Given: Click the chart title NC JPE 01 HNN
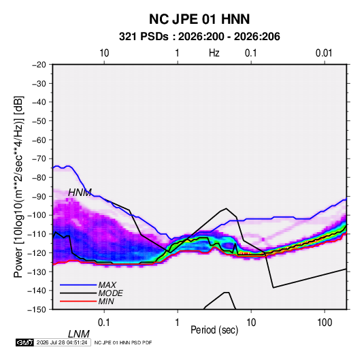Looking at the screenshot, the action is (x=199, y=19).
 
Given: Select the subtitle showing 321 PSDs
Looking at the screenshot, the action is (x=199, y=37).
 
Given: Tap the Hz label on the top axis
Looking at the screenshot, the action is (x=214, y=53).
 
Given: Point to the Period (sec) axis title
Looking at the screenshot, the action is (x=214, y=330).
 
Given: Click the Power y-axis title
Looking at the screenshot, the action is (x=18, y=187).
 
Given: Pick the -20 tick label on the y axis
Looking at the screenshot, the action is (x=39, y=65).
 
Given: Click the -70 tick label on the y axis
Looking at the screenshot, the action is (x=39, y=159).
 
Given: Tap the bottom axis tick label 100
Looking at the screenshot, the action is (x=325, y=323).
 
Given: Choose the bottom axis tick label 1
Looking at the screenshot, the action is (x=178, y=323).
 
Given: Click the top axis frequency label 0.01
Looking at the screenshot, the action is (x=324, y=53).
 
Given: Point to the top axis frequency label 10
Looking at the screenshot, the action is (x=104, y=53).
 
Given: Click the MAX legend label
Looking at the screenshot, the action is (x=107, y=284).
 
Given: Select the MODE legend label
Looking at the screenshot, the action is (x=110, y=293).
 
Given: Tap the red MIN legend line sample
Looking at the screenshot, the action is (x=78, y=301).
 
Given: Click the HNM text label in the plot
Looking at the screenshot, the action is (x=80, y=193).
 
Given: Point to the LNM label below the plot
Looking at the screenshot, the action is (x=79, y=334).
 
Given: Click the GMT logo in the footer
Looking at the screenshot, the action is (x=25, y=342).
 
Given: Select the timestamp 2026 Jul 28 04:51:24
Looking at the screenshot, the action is (x=62, y=342).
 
